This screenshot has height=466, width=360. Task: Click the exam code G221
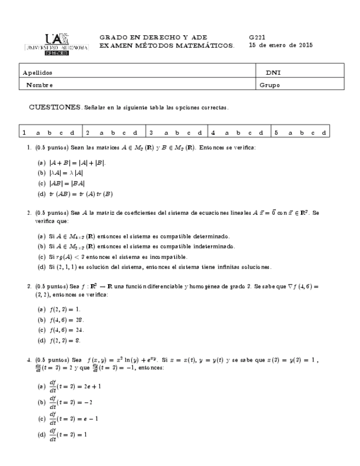[257, 37]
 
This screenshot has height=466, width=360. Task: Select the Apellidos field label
[38, 73]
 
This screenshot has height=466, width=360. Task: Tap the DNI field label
[273, 73]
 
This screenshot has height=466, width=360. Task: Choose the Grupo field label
[270, 85]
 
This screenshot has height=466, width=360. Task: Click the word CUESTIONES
[54, 107]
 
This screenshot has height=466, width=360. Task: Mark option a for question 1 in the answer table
[37, 132]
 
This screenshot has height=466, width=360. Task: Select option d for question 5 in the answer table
[324, 132]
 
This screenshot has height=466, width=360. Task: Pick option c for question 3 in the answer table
[189, 132]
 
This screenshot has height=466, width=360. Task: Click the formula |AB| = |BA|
[66, 183]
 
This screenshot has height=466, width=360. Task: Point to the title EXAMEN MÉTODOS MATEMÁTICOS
[167, 46]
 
